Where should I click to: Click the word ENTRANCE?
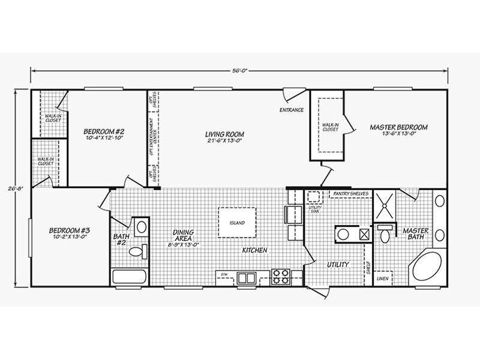pos(292,110)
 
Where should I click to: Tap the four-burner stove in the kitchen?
pos(280,277)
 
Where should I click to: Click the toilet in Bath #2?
pos(137,252)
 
